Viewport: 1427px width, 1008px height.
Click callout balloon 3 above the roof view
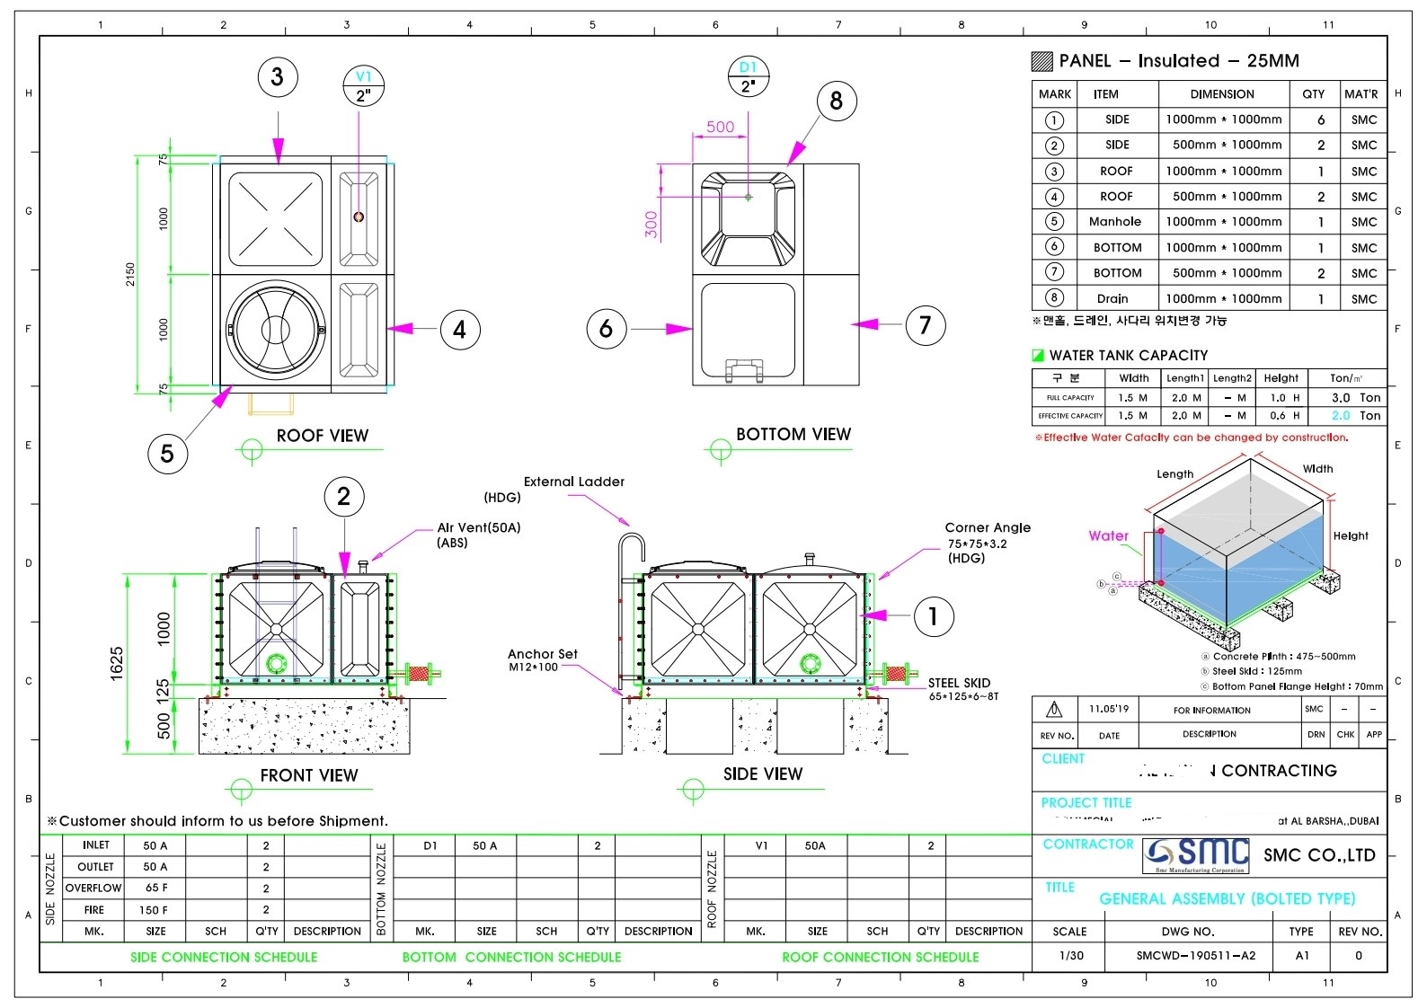pyautogui.click(x=277, y=77)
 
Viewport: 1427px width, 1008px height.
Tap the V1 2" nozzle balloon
pyautogui.click(x=364, y=86)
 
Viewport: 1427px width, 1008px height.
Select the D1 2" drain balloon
pyautogui.click(x=748, y=77)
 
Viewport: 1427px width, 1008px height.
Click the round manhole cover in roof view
pyautogui.click(x=276, y=329)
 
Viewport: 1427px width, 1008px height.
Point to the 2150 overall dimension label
pyautogui.click(x=130, y=274)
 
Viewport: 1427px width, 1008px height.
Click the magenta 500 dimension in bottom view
pyautogui.click(x=720, y=127)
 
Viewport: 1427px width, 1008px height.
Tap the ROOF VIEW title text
pyautogui.click(x=322, y=436)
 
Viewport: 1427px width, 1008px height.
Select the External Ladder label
pyautogui.click(x=573, y=482)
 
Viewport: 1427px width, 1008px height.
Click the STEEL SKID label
pyautogui.click(x=959, y=684)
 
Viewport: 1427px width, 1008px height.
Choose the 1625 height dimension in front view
pyautogui.click(x=117, y=663)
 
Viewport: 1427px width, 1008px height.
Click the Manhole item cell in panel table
pyautogui.click(x=1114, y=222)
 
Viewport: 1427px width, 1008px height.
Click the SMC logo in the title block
pyautogui.click(x=1196, y=855)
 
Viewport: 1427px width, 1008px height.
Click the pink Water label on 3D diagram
pyautogui.click(x=1108, y=535)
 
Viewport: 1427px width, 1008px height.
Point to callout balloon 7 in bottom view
pyautogui.click(x=925, y=324)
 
